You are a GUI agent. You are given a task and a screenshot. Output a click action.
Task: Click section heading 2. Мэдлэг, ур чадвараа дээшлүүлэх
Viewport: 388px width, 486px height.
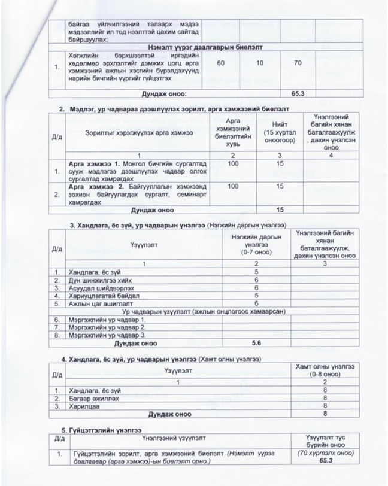pos(174,110)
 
